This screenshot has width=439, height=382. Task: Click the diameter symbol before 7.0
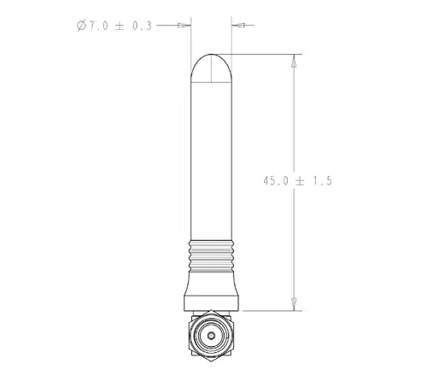point(81,26)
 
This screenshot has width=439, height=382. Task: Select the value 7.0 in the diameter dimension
point(99,26)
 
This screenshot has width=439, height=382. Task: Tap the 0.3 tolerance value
point(142,26)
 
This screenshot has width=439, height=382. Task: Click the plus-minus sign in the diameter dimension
point(120,26)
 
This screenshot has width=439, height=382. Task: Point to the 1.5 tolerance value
point(323,181)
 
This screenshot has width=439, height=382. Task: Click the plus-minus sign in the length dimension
point(300,181)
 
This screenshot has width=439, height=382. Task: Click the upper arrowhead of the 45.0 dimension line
point(294,61)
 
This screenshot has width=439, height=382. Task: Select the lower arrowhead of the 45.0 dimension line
point(294,304)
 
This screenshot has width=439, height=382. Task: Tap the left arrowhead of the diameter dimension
point(184,26)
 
